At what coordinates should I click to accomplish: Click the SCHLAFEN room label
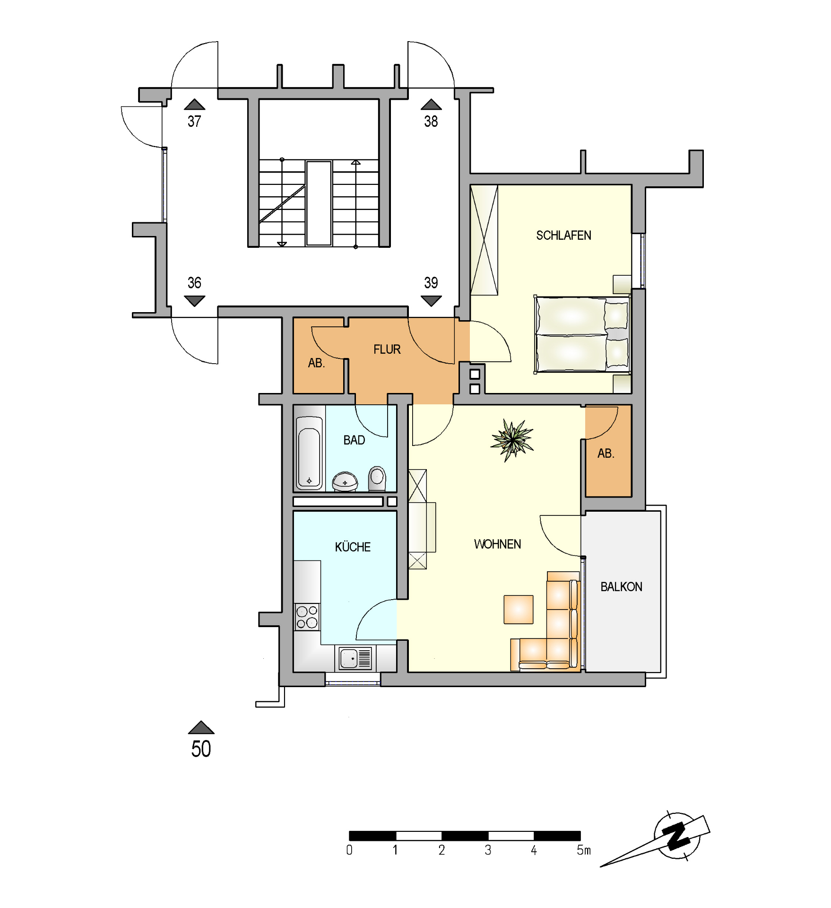563,235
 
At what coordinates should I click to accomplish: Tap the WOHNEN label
497,544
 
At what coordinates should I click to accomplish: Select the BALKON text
621,586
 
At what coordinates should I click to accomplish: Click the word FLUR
387,349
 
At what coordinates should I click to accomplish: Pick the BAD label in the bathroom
354,440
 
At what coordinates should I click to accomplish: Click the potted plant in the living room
512,440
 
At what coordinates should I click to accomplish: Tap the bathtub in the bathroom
309,453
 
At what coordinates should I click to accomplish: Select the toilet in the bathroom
377,478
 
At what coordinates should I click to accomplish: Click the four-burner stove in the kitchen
307,617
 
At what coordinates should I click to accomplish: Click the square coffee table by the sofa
518,609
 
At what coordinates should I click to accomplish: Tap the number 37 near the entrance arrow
194,121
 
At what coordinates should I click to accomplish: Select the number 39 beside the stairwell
431,282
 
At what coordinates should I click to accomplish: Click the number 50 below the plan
201,749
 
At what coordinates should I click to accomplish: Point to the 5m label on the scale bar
584,850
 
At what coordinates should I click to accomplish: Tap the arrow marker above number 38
431,104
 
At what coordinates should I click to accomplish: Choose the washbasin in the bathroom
345,481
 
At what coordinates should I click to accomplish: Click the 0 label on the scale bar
349,850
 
